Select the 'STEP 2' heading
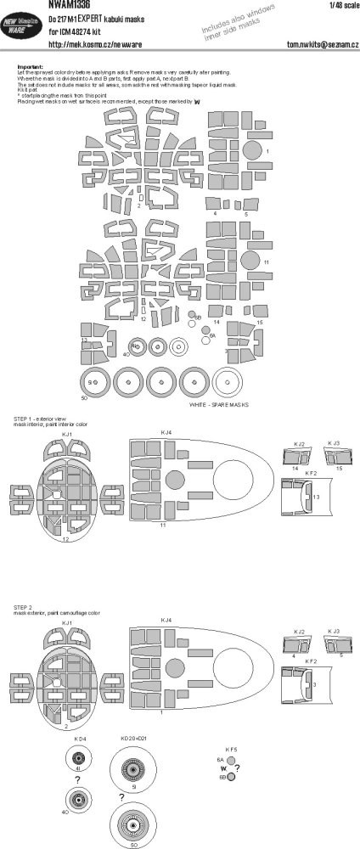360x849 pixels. click(22, 609)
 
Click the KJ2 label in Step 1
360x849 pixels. click(298, 443)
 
